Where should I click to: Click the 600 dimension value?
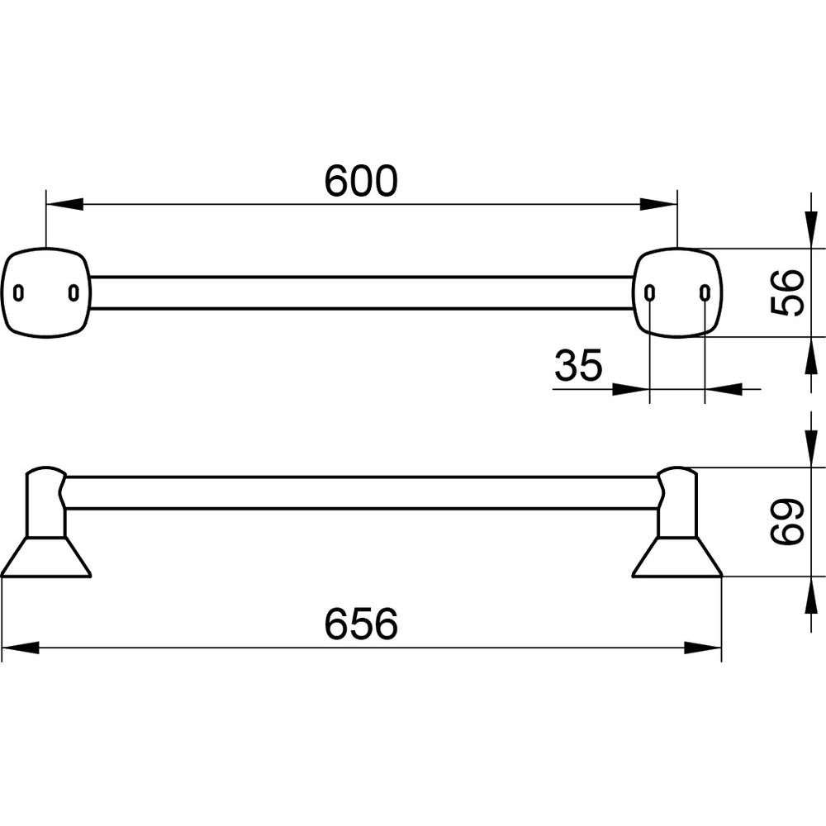[x=361, y=181]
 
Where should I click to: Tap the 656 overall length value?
[x=361, y=624]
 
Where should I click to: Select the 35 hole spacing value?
[x=578, y=365]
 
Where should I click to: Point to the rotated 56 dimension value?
[x=787, y=292]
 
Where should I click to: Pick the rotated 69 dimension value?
[x=787, y=521]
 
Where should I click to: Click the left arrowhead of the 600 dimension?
[x=64, y=204]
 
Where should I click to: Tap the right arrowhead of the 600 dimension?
[x=658, y=204]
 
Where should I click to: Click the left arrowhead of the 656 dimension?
[x=21, y=648]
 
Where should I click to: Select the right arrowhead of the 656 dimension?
[x=703, y=648]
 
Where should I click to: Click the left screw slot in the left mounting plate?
[x=18, y=292]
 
